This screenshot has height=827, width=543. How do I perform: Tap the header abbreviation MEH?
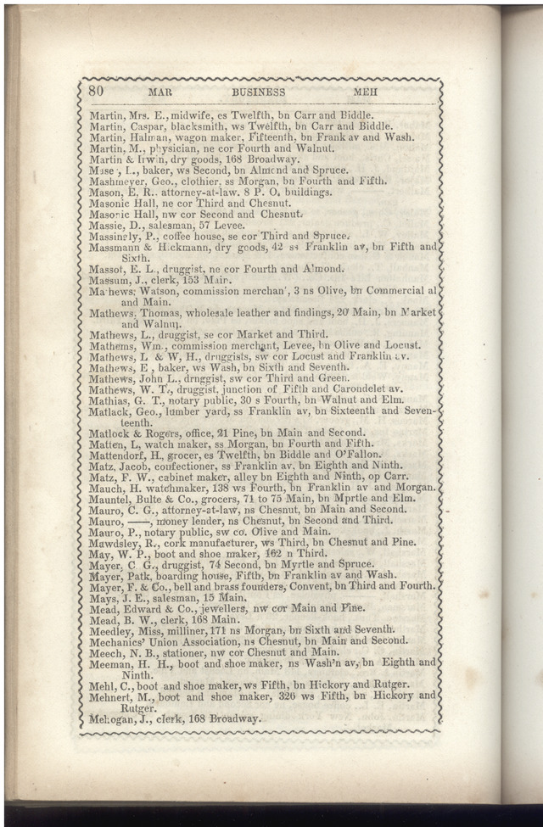(367, 92)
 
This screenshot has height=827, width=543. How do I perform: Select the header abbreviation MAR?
(161, 92)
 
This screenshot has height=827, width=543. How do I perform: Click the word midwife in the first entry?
(175, 115)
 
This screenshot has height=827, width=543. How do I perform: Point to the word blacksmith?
(171, 126)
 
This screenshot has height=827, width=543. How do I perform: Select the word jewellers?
(221, 608)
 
